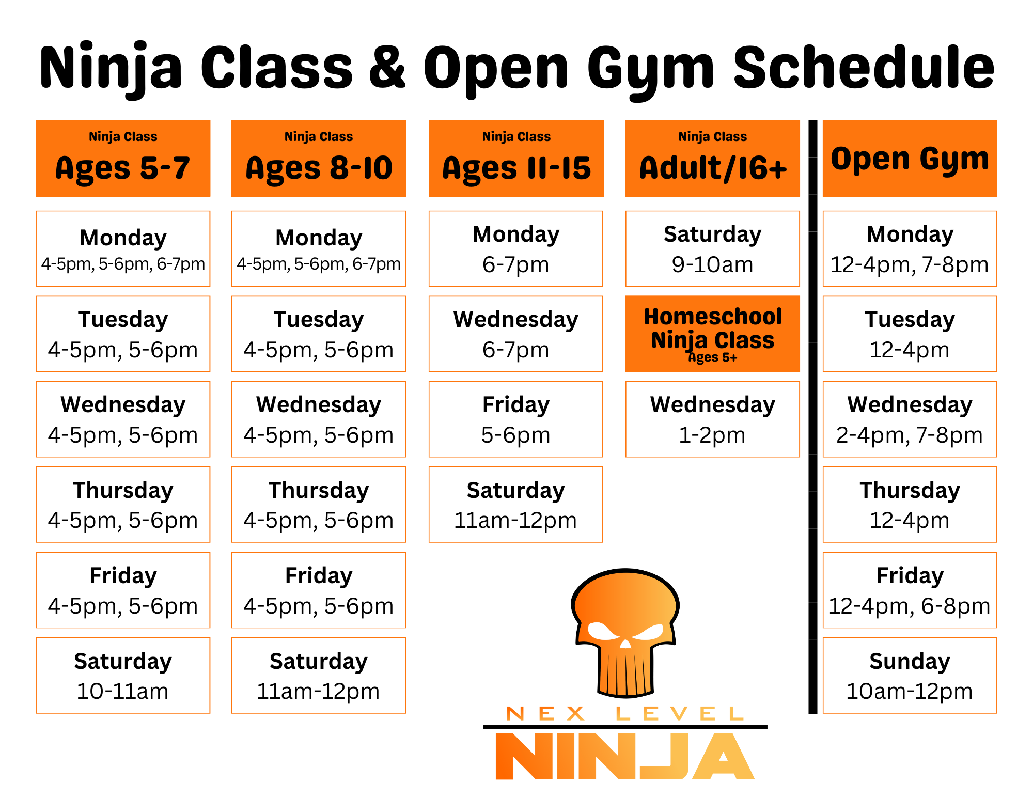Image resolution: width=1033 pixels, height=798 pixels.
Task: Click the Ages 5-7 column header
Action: pos(123,159)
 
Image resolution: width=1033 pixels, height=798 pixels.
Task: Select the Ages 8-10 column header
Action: pos(319,159)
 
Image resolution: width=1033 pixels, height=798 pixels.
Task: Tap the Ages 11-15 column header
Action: pos(516,159)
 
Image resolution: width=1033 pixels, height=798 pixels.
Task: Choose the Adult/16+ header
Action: pos(712,159)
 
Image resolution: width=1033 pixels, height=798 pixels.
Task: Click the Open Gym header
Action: pos(910,159)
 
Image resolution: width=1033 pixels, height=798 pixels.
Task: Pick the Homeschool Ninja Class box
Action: pos(712,334)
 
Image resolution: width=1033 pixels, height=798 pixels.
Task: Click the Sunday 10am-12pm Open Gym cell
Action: pos(910,676)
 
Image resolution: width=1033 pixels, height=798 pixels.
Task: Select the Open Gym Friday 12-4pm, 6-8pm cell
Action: pos(910,590)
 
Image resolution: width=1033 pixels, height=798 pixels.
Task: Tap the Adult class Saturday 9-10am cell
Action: pos(712,248)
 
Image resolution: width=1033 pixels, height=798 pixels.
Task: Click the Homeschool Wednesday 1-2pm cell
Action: pos(712,419)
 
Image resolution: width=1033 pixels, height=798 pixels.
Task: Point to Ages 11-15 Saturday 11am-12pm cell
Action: pos(515,505)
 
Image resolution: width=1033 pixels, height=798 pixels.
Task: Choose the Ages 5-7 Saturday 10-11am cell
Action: pos(123,676)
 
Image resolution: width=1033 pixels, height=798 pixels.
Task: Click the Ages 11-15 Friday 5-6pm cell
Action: pos(515,419)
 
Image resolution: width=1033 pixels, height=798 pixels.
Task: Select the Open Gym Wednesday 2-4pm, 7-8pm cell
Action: pos(910,419)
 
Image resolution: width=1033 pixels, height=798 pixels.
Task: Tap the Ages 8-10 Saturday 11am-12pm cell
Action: pos(319,676)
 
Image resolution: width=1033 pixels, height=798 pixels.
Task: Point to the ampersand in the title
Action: pos(387,67)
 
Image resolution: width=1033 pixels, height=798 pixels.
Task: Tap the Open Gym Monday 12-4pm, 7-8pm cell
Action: pos(910,248)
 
